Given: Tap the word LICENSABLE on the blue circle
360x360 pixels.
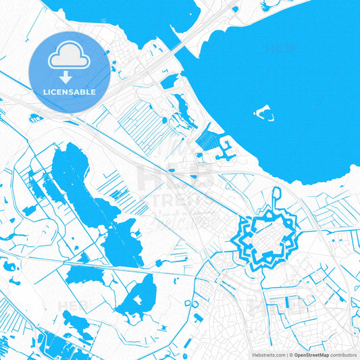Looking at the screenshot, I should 69,92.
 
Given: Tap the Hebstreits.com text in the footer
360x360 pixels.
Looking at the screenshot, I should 269,354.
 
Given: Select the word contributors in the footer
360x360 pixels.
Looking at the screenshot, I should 343,354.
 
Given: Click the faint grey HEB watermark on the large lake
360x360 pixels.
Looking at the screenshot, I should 280,49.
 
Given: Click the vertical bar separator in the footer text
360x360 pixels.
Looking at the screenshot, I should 289,354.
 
